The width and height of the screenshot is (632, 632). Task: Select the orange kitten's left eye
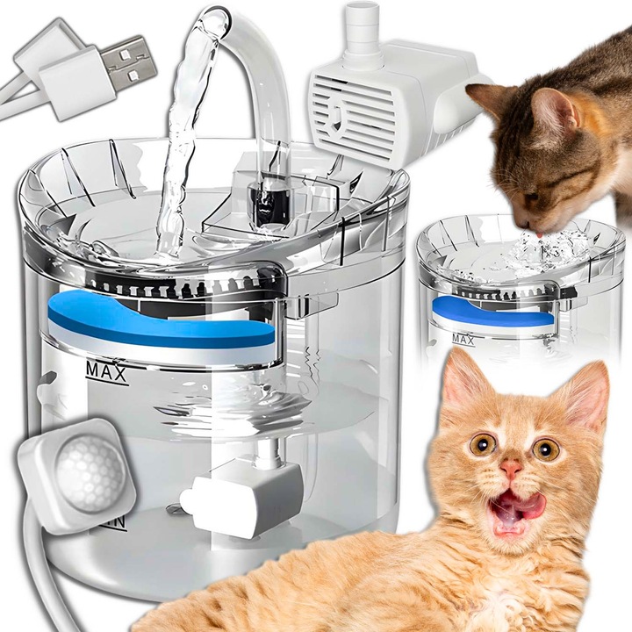(x=482, y=444)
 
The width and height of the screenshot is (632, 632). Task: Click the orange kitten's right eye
(x=546, y=449)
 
